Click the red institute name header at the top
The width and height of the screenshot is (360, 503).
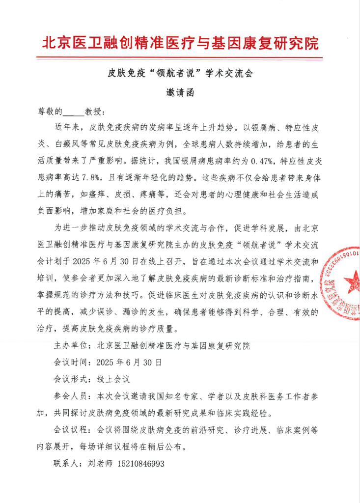pyautogui.click(x=180, y=43)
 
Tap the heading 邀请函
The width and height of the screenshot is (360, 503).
pyautogui.click(x=180, y=93)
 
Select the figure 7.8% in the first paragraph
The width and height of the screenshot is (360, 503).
pyautogui.click(x=91, y=176)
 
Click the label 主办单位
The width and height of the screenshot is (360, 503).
pyautogui.click(x=71, y=346)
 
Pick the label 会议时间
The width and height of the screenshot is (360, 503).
pyautogui.click(x=71, y=363)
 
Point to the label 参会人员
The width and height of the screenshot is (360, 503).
pyautogui.click(x=71, y=396)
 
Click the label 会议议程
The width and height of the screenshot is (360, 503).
pyautogui.click(x=71, y=430)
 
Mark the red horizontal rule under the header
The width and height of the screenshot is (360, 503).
pyautogui.click(x=180, y=58)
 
